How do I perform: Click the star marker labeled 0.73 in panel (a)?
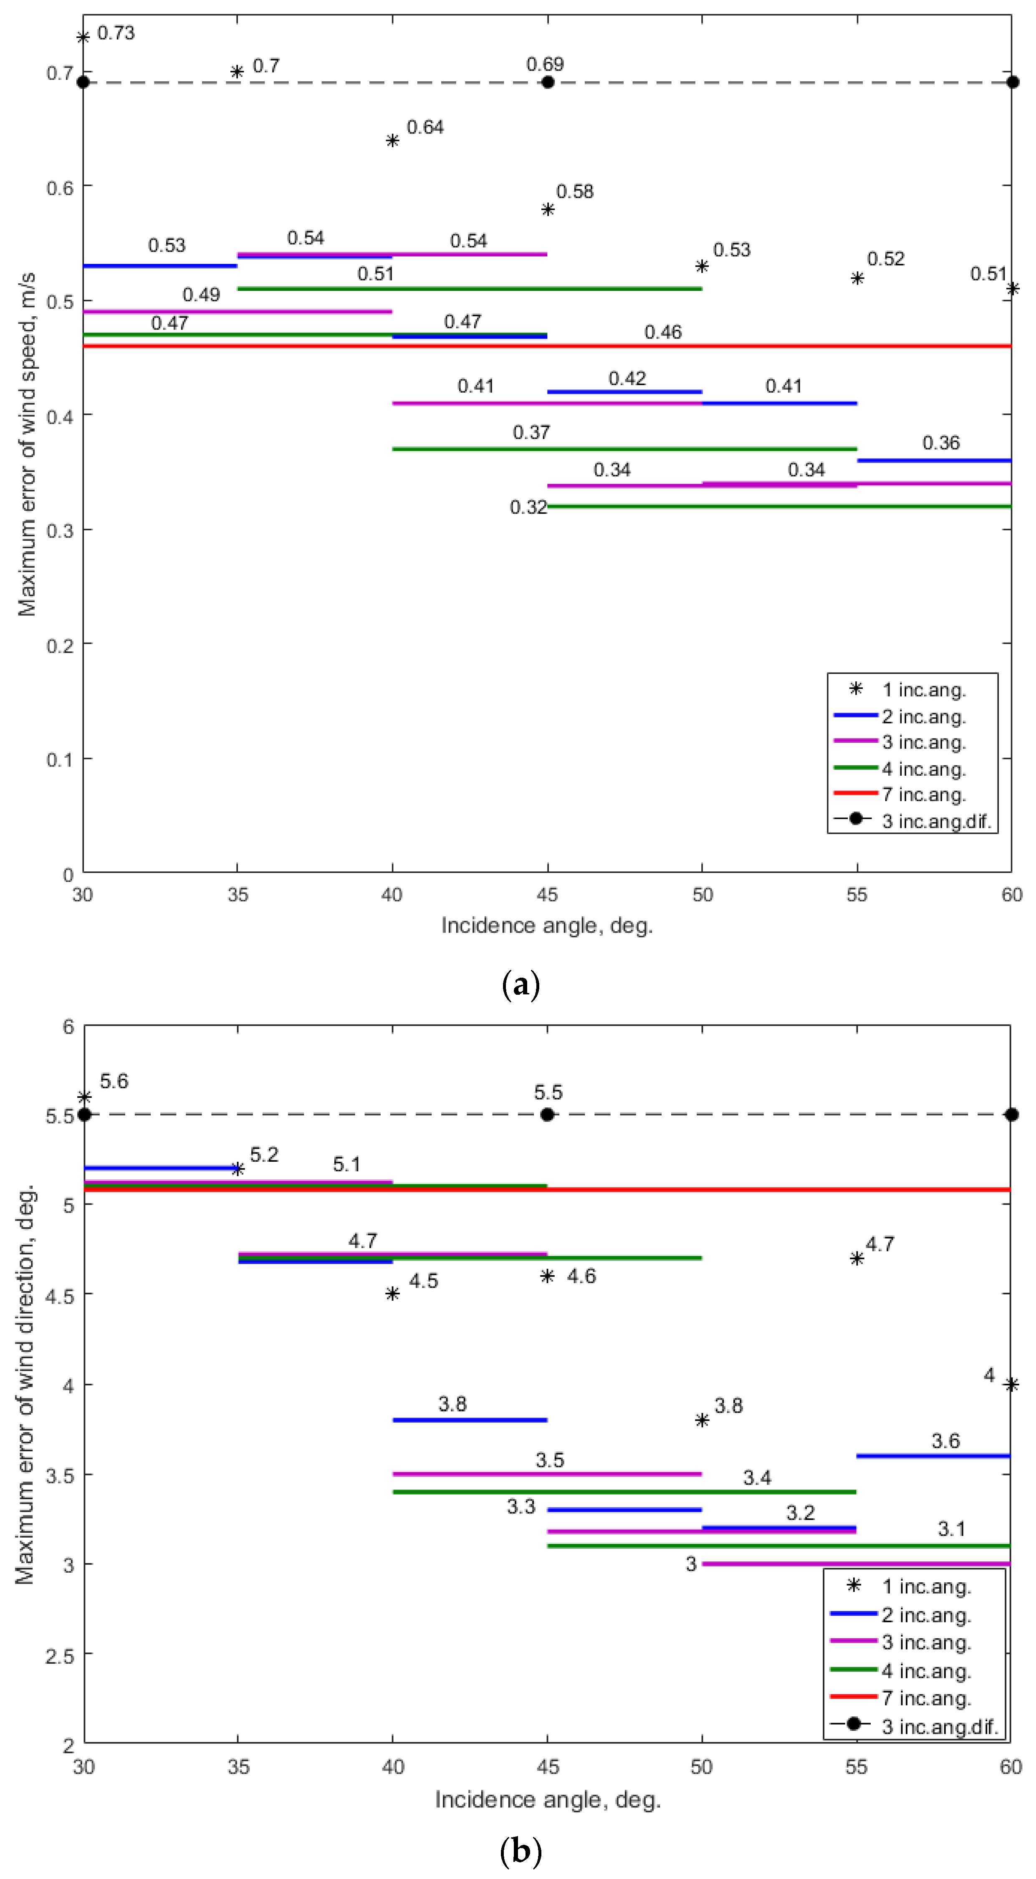coord(83,37)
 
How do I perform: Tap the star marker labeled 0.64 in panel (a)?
coord(392,140)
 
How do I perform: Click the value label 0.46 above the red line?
coord(662,333)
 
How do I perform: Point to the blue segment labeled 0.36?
coord(934,460)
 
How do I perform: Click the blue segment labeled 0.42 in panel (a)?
coord(624,392)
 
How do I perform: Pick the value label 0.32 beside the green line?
coord(528,507)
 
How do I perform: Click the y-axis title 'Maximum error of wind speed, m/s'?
coord(27,445)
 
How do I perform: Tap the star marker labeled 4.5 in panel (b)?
coord(392,1293)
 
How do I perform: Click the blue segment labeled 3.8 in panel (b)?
coord(470,1420)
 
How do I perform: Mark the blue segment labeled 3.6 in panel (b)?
coord(934,1455)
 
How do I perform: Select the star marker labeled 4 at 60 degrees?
coord(1011,1385)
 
